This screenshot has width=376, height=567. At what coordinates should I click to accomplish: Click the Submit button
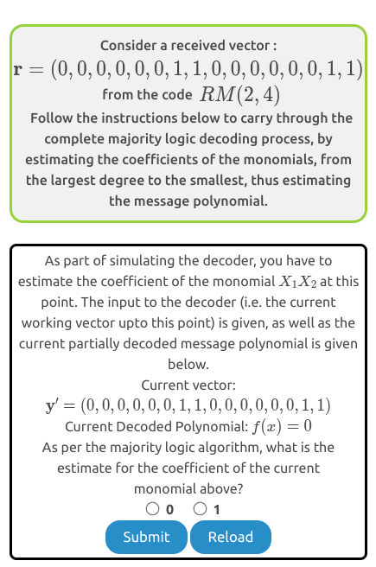[146, 537]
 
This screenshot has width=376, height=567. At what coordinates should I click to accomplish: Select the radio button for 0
[152, 509]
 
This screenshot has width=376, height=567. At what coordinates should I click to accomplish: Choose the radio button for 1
[201, 509]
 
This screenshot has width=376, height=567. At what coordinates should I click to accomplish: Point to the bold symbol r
[16, 70]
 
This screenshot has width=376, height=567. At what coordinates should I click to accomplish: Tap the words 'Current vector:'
[188, 384]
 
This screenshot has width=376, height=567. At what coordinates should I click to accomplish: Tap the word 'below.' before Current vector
[188, 364]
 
